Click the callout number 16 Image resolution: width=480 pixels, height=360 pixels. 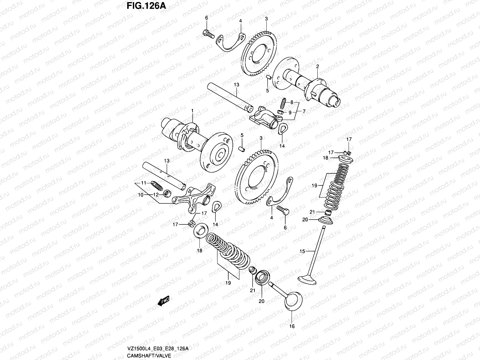(x=292, y=326)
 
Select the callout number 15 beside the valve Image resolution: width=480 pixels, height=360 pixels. (x=302, y=251)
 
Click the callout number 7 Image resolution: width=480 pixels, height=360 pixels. (x=304, y=111)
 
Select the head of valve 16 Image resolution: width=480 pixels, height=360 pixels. (x=292, y=301)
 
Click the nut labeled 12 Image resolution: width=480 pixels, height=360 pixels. (x=166, y=195)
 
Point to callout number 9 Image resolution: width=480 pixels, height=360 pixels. (x=290, y=112)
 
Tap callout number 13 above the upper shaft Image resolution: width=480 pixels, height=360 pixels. (x=236, y=85)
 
